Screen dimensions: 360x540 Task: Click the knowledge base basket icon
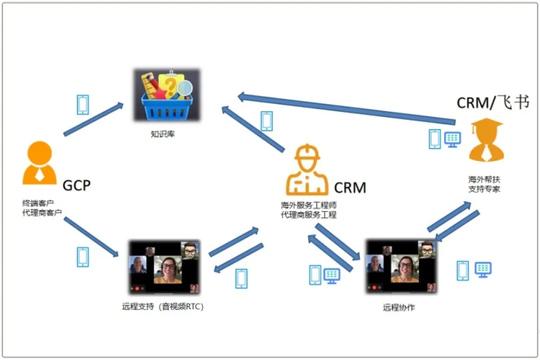[x=166, y=96]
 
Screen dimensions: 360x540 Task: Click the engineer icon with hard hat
[x=307, y=169]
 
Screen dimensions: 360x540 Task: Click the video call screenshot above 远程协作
[x=400, y=266]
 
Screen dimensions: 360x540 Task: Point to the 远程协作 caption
[x=399, y=308]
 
